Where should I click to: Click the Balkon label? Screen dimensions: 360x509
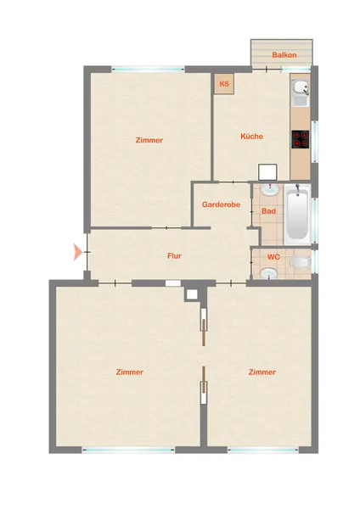point(284,55)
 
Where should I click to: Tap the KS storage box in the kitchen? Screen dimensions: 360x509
point(224,84)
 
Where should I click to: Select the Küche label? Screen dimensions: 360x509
point(252,137)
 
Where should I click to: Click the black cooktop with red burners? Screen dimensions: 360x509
point(301,139)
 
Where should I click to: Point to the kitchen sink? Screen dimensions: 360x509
point(301,87)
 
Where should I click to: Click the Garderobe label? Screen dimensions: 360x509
point(221,204)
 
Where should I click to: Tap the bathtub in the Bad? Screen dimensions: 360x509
point(297,215)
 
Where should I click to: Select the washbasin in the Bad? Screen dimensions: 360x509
point(270,189)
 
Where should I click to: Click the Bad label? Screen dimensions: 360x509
point(268,211)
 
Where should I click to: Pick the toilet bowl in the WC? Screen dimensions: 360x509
point(301,262)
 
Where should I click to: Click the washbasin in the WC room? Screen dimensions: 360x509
point(269,274)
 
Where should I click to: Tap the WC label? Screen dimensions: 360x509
point(273,257)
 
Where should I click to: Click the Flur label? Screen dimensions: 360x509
point(174,256)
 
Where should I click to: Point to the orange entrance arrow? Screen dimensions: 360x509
point(77,252)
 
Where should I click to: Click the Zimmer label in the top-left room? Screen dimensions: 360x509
point(149,140)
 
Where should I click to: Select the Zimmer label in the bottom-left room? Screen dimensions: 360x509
point(130,372)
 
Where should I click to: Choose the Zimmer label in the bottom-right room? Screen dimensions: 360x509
point(262,372)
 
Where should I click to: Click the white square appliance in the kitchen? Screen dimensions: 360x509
point(267,172)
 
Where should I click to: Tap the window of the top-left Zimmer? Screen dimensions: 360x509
point(148,69)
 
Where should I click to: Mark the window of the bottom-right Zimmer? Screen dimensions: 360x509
point(263,450)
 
